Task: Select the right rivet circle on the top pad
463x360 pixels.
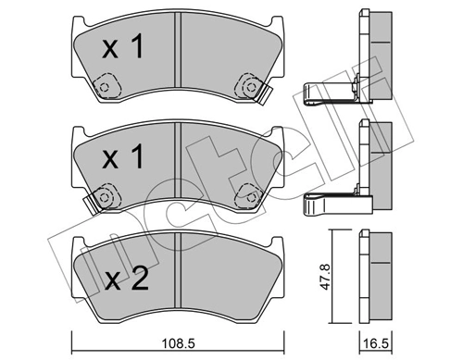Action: point(247,88)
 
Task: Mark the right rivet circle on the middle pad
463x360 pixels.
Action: point(247,195)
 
